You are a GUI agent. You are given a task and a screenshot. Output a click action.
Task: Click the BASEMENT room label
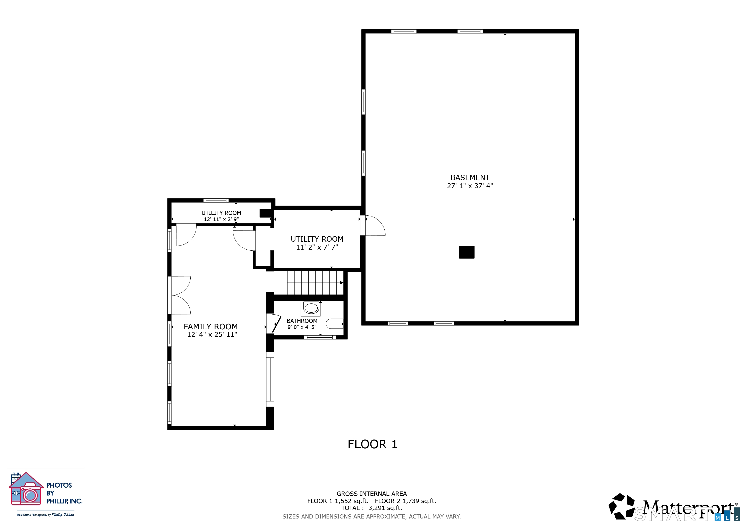coord(470,178)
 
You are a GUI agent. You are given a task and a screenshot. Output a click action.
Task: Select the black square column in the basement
coord(466,252)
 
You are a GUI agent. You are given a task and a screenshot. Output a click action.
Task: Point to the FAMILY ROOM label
coord(210,327)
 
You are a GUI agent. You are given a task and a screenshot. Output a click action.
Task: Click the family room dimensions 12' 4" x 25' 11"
coord(212,335)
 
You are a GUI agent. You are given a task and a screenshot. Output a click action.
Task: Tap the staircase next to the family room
coord(315,283)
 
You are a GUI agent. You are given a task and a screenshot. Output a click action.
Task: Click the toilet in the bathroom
coord(334,323)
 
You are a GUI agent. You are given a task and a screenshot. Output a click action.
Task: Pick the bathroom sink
coord(311,308)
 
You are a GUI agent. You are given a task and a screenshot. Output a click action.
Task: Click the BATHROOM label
coord(302,321)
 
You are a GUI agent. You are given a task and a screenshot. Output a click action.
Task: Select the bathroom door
coord(276,324)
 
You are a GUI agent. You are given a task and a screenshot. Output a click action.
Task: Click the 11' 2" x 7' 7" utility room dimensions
coord(317,247)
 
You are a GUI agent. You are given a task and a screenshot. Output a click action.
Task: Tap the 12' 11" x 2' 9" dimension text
coord(221,219)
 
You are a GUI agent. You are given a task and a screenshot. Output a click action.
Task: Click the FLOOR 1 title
coord(372,444)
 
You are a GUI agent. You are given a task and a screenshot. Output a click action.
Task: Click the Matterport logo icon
coord(621,506)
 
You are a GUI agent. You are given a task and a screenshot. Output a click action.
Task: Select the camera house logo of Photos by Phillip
coord(26,489)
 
